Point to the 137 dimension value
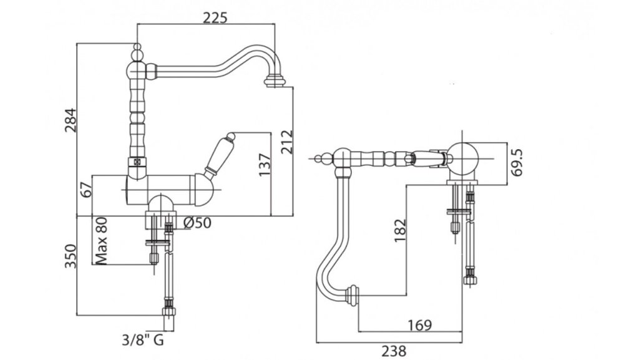264,164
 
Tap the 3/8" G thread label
142,341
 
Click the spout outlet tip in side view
274,80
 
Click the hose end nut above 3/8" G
168,308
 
